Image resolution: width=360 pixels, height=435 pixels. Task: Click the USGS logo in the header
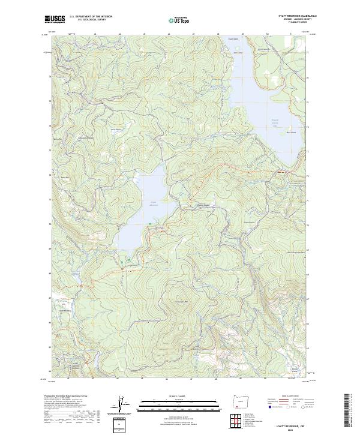click(54, 20)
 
